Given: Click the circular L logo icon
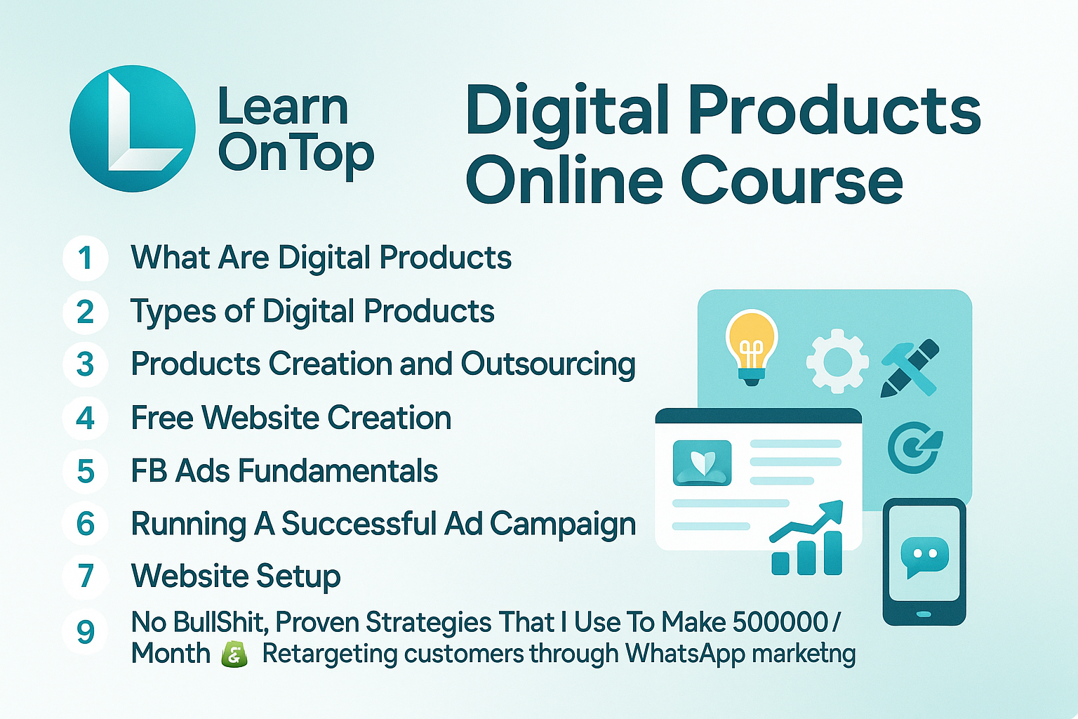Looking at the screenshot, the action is click(x=133, y=128).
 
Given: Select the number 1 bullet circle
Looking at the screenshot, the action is click(x=85, y=258).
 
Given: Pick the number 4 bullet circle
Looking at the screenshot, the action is click(x=85, y=418).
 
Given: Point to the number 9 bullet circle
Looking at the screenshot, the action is click(x=85, y=632).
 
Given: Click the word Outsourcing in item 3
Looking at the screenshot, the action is click(x=548, y=365).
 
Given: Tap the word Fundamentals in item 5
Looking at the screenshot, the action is click(x=338, y=471).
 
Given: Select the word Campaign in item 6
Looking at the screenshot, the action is click(x=563, y=525).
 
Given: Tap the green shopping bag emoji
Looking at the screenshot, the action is click(x=234, y=654).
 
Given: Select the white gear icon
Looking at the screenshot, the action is click(x=837, y=362).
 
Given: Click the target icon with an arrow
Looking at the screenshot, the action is click(x=914, y=447).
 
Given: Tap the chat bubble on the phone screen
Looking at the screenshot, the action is click(x=924, y=557).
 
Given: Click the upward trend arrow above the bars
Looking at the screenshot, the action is click(x=806, y=520).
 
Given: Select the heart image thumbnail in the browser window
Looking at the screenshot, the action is click(x=702, y=463).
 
